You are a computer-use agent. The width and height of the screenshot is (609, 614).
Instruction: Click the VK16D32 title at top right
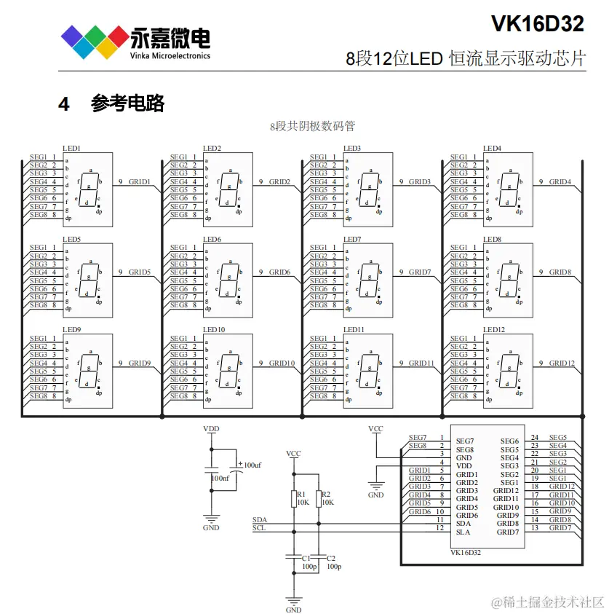coord(537,24)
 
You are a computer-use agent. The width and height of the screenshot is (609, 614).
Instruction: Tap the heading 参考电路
coord(127,103)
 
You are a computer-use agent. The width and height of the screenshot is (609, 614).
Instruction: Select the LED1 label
coord(71,149)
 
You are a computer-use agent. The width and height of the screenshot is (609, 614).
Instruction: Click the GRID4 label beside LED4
coord(560,182)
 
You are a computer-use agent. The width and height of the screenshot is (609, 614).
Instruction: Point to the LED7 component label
coord(352,240)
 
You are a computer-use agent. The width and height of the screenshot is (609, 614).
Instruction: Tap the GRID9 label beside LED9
coord(140,363)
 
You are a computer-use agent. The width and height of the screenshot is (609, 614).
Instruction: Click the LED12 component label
coord(495,330)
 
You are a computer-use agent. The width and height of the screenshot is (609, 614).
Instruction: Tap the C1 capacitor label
coord(306,557)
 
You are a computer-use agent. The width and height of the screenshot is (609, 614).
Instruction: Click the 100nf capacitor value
coord(219,478)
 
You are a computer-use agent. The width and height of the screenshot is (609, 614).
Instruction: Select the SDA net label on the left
coord(259,520)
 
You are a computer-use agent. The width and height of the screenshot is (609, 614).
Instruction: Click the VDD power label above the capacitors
coord(211,429)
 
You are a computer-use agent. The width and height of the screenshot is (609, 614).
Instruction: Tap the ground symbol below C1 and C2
coord(294,600)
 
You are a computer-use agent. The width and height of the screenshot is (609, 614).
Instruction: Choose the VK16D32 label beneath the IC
coord(466,553)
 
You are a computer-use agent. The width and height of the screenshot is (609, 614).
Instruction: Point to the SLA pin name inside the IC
coord(463,532)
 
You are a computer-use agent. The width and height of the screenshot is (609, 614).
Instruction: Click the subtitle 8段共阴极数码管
coord(312,126)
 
